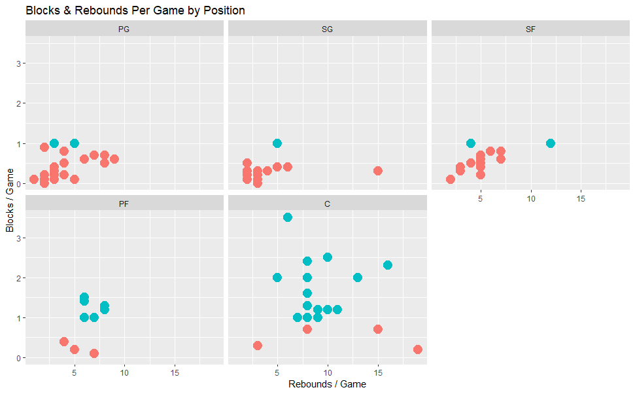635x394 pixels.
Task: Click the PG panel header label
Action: [124, 29]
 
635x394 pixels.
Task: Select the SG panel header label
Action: [327, 29]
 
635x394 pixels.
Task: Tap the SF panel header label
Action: [530, 29]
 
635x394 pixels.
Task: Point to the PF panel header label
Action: [124, 204]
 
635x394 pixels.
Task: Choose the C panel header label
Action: [327, 204]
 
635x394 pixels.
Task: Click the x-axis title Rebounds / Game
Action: [327, 384]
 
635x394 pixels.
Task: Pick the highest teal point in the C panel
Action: [288, 217]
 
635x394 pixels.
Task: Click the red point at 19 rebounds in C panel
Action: [418, 349]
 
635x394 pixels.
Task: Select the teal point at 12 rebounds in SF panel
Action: [551, 143]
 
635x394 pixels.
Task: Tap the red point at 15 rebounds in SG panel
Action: [378, 171]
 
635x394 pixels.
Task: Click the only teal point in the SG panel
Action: [277, 143]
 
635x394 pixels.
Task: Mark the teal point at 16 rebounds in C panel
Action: [388, 265]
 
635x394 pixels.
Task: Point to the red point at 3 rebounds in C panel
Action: [258, 346]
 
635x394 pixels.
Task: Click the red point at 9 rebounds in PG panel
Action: [114, 159]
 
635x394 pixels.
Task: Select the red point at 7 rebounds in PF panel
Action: [94, 353]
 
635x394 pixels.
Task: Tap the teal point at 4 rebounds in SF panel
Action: [471, 143]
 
